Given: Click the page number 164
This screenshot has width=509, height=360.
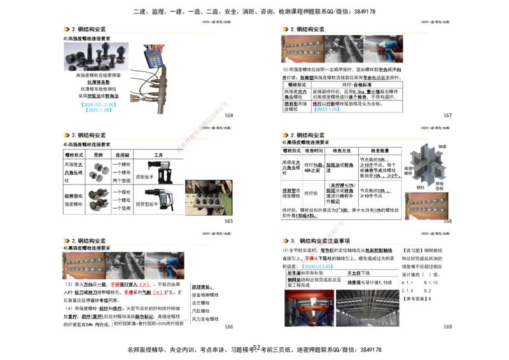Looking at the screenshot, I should [x=228, y=115].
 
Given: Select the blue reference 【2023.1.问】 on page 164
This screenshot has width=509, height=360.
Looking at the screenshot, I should [x=98, y=109].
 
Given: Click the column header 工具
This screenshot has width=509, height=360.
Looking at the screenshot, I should [x=158, y=155].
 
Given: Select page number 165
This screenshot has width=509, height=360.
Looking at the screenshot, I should [x=228, y=221].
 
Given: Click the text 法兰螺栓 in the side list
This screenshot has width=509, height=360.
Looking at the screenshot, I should [x=205, y=303].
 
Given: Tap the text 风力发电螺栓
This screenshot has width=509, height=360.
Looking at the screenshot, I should [x=205, y=319].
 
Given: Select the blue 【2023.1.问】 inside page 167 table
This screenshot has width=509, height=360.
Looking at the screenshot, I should [x=325, y=109].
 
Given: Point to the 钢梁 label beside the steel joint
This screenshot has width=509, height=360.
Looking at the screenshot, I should [x=443, y=147].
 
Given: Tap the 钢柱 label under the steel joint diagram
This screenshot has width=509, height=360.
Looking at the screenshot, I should [x=421, y=188].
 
